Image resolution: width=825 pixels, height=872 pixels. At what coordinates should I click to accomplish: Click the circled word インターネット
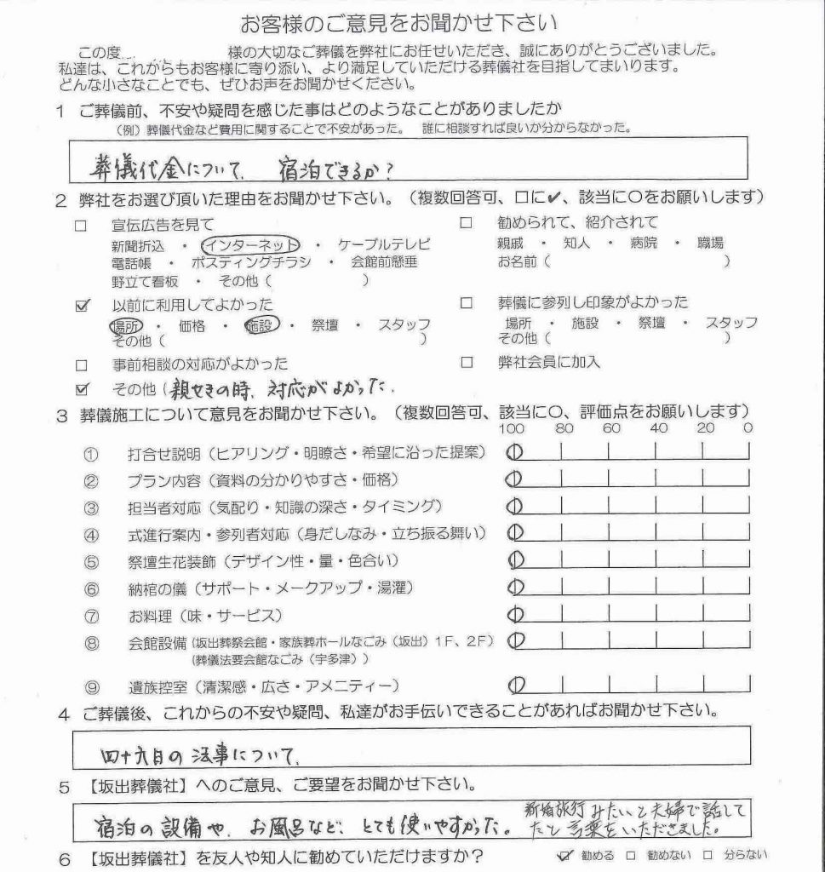coord(255,244)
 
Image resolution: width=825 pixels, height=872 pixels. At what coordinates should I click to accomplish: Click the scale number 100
coord(512,429)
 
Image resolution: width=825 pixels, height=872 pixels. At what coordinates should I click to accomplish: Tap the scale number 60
coord(610,429)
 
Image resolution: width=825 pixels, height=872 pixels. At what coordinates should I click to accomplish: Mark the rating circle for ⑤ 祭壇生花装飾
coord(513,560)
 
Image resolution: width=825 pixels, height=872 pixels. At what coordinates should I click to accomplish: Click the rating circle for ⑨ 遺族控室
coord(513,685)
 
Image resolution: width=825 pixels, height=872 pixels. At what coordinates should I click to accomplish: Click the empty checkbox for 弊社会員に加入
coord(466,362)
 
